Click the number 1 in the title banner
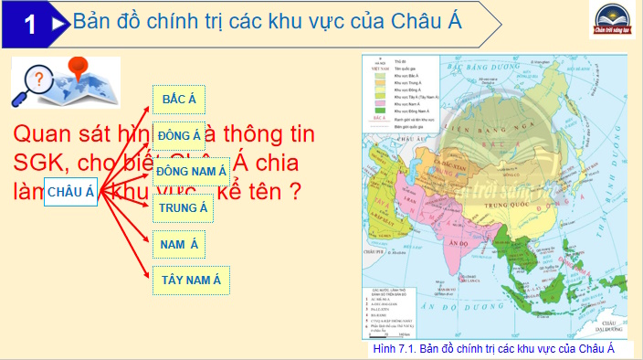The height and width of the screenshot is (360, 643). click(31, 25)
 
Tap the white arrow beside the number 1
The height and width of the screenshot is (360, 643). click(57, 25)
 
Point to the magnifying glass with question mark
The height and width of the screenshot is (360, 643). click(33, 87)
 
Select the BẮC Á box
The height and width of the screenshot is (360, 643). click(179, 99)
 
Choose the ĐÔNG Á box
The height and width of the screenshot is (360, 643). click(178, 135)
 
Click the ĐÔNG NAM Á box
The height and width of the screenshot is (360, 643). click(191, 171)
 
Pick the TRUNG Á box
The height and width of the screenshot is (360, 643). click(184, 207)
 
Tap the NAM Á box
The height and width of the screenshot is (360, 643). click(179, 244)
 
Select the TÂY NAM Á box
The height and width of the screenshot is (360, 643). click(191, 280)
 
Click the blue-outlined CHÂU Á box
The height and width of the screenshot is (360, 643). click(71, 191)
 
